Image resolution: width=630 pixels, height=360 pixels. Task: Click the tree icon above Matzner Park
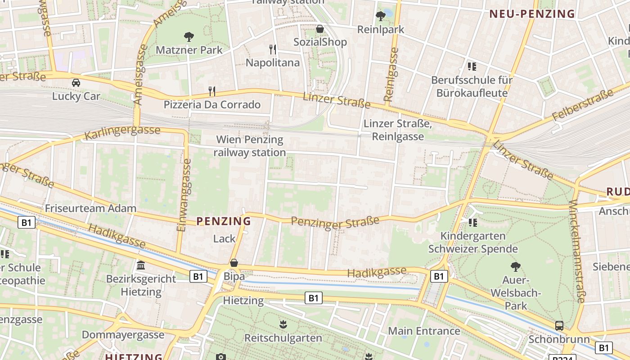[189, 37]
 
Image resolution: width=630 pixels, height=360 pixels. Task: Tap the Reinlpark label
[381, 30]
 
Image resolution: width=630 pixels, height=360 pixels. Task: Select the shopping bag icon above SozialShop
[320, 29]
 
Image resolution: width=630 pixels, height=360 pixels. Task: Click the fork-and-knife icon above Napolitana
[273, 49]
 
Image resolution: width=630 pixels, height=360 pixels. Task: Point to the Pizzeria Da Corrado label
[212, 105]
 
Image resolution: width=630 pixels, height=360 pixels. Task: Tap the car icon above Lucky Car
[76, 83]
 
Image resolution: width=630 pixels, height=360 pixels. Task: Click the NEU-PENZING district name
[532, 14]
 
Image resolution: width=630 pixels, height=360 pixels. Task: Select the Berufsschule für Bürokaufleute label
[472, 87]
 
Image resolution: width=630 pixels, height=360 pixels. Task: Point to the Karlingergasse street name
[122, 132]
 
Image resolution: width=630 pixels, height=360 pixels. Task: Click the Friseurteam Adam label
[90, 208]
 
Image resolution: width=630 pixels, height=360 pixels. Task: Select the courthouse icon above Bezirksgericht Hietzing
[141, 265]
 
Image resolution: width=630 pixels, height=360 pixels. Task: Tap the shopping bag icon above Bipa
[234, 263]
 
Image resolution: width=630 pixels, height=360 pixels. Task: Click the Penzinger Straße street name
[335, 222]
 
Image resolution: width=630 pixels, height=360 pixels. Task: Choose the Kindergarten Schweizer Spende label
[473, 242]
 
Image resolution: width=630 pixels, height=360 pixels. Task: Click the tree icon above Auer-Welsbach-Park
[516, 267]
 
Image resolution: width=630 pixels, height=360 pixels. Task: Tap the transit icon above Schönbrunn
[559, 326]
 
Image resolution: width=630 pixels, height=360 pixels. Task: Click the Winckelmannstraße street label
[577, 252]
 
